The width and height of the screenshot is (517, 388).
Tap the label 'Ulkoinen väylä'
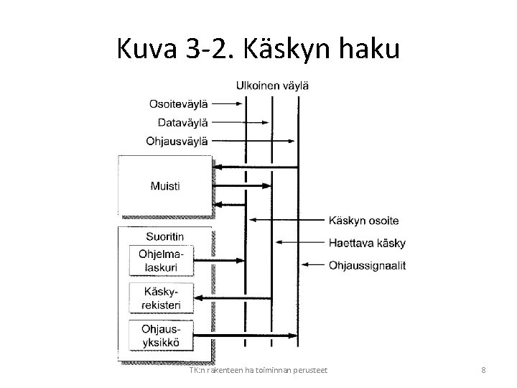coord(272,86)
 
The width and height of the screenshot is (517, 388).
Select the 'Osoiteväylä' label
coord(179,103)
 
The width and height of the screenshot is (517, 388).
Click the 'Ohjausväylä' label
coord(177,141)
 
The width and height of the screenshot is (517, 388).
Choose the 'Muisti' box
coord(165,185)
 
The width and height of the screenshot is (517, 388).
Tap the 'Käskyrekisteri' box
coord(163,298)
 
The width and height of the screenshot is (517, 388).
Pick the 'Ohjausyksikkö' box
coord(163,335)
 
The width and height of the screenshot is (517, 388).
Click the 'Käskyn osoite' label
coord(363,220)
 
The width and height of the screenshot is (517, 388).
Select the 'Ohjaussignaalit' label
coord(367,265)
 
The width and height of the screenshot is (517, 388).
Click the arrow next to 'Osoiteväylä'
coord(230,103)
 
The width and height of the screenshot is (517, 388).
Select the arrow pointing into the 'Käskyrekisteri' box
coord(233,297)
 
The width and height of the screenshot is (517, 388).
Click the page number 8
coord(483,370)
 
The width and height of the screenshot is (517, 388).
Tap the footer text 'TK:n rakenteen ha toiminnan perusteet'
coord(256,370)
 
